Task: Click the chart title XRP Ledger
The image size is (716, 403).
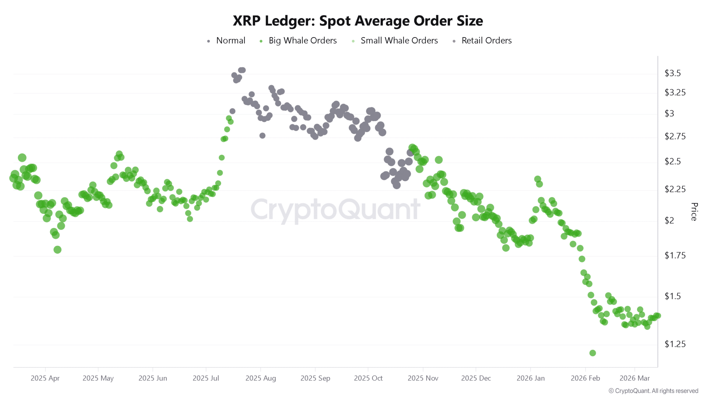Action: pos(358,21)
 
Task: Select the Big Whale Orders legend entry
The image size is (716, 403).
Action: pos(302,41)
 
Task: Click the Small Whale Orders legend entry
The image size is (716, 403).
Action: pos(399,41)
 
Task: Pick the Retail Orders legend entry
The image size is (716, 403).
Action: pos(486,41)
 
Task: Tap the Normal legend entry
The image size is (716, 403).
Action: pos(230,41)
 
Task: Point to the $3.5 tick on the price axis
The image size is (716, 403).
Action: pos(672,73)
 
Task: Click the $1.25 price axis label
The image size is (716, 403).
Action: pos(675,344)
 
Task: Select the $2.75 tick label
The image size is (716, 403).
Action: pos(675,136)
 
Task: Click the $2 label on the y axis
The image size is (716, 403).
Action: pos(669,220)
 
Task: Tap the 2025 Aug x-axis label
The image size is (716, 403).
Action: pos(260,378)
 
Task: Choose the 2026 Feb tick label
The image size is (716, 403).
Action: pos(585,378)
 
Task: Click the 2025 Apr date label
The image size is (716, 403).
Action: pos(45,378)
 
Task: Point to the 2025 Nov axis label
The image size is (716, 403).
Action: pos(423,378)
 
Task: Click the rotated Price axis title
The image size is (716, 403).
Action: pos(694,212)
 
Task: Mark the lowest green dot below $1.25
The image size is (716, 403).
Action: pos(592,353)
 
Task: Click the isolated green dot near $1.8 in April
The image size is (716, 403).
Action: pos(57,250)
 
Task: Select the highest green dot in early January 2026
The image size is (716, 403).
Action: pos(537,179)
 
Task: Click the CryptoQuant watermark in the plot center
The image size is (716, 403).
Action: pos(335,209)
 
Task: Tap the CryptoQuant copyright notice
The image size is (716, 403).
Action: pos(653,391)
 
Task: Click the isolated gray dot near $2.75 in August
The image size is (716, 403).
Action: pos(262,136)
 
